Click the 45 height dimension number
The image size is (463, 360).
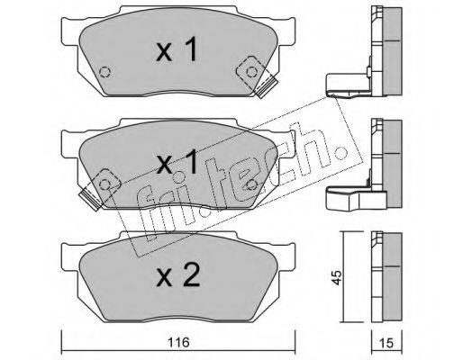tap(337, 278)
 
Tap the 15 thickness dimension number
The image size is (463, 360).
tap(386, 343)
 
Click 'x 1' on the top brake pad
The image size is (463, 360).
tap(177, 49)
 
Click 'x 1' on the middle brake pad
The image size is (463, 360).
tap(177, 161)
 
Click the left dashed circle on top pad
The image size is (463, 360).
tap(104, 72)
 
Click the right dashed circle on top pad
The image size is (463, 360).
tap(251, 72)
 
